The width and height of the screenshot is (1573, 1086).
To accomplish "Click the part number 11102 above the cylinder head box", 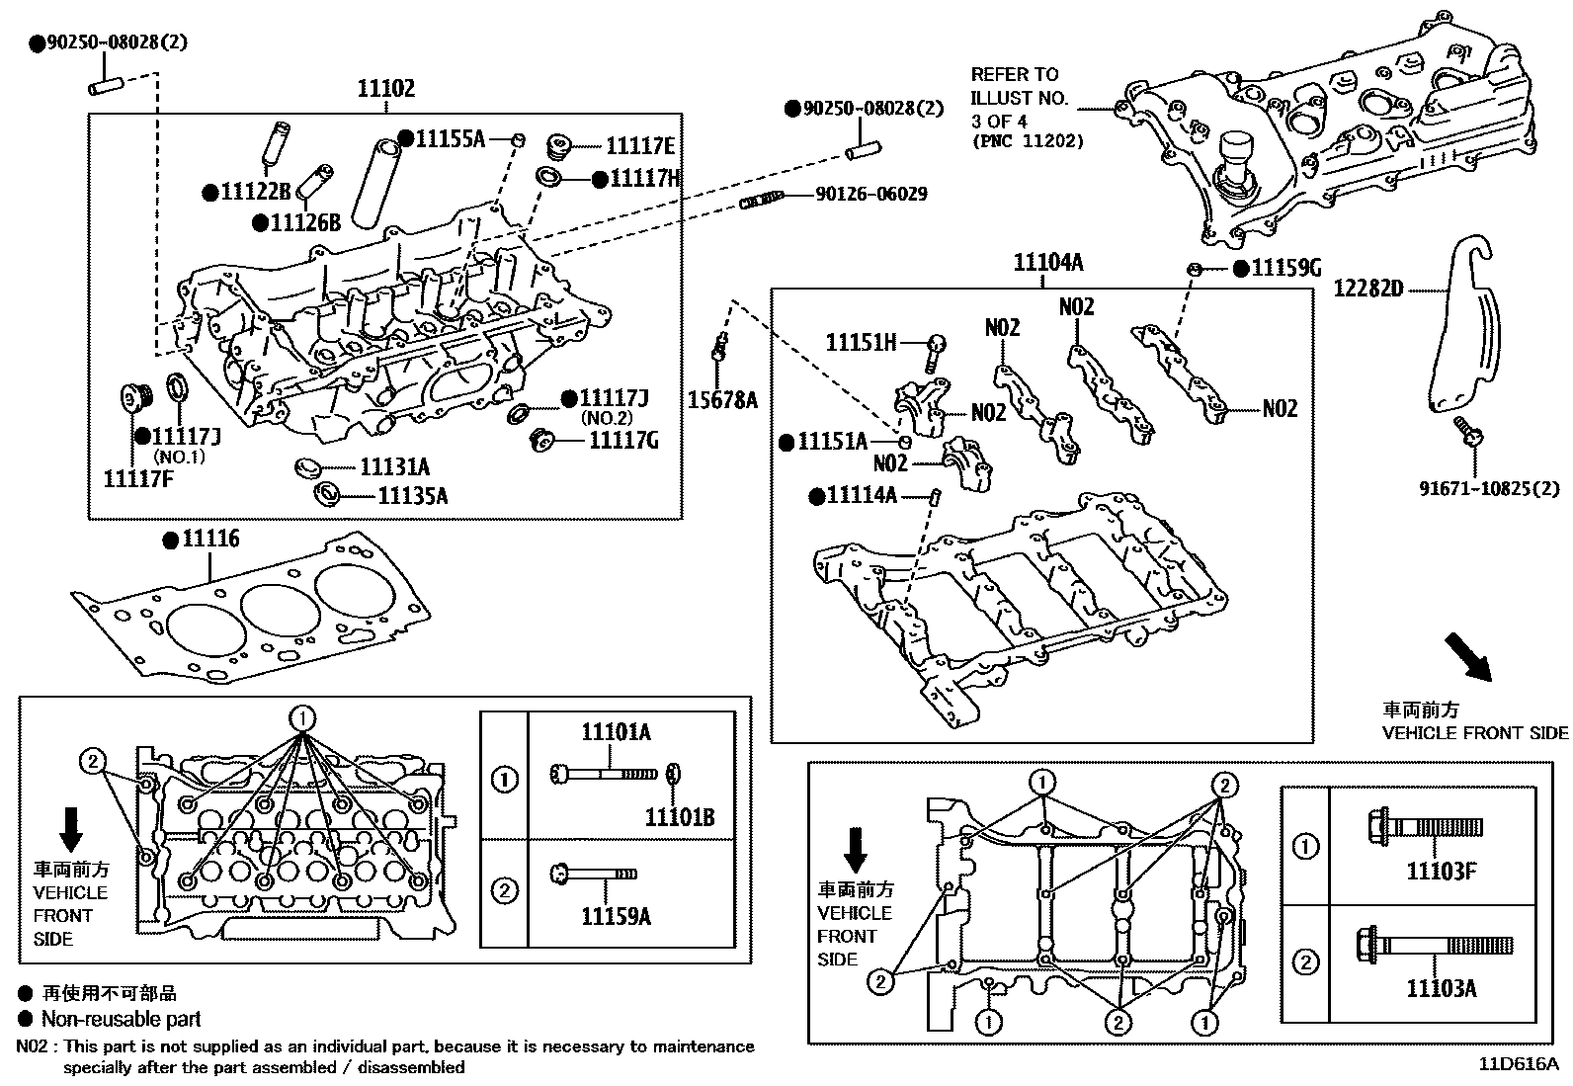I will [x=385, y=89].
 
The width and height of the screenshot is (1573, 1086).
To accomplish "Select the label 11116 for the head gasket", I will [x=210, y=540].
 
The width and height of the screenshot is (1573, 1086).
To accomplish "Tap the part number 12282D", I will [x=1367, y=289].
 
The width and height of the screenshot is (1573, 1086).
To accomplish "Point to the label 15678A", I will [x=723, y=399].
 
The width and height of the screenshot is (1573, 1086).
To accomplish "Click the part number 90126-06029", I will [x=871, y=195].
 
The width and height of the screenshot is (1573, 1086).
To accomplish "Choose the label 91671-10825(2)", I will [x=1489, y=488].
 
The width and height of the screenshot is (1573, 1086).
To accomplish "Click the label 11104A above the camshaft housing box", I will [x=1048, y=263].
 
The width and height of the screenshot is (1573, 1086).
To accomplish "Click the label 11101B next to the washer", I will [x=680, y=817].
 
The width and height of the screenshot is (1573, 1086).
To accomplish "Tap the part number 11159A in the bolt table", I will [x=616, y=917].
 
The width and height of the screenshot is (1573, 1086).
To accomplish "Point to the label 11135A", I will [x=412, y=496].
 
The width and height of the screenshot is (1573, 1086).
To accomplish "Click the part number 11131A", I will [x=394, y=467].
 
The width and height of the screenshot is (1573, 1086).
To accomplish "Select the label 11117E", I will [x=639, y=147].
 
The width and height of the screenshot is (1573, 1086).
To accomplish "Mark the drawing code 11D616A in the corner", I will [x=1518, y=1064].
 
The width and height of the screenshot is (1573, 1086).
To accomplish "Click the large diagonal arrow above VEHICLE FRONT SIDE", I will [x=1467, y=657].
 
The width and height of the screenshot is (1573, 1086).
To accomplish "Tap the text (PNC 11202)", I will [x=1028, y=141].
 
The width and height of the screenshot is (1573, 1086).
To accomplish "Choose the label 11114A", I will [x=861, y=495].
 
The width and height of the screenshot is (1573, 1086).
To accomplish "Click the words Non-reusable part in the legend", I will [x=121, y=1019].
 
